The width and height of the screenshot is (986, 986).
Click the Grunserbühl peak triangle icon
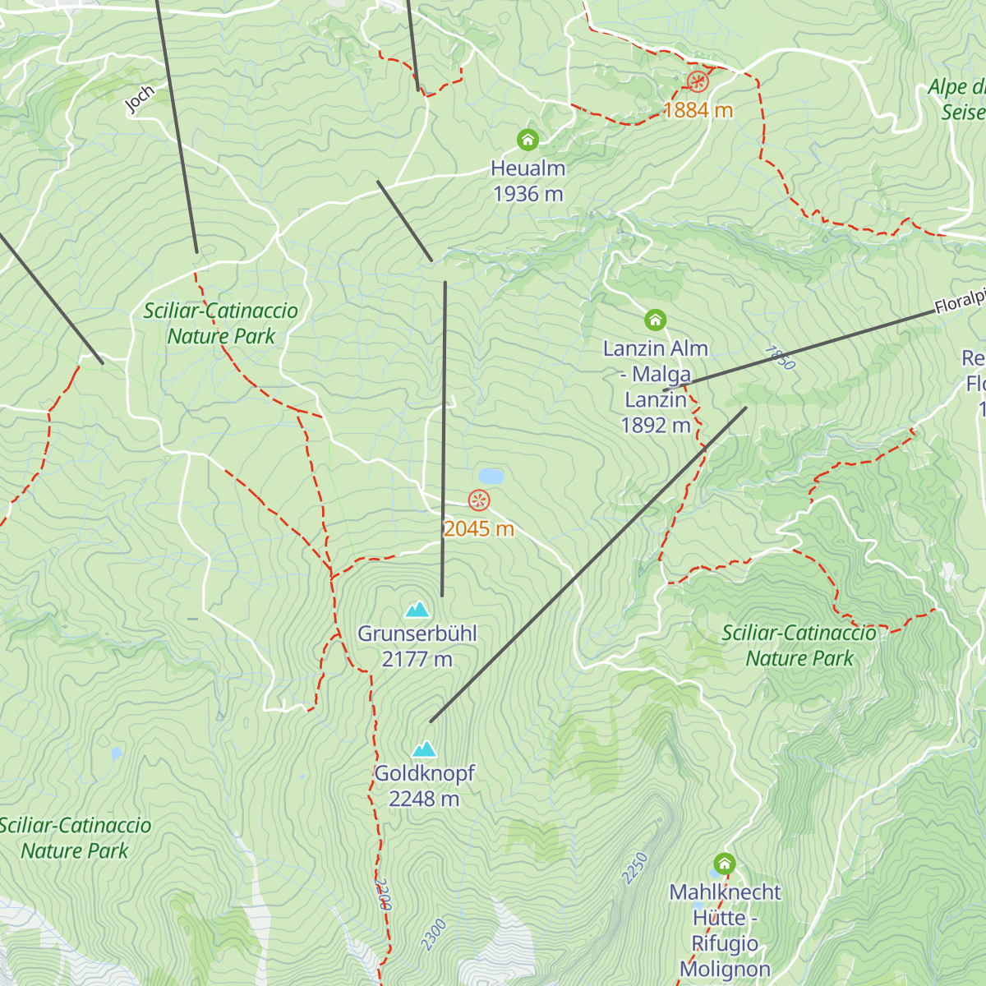click(x=417, y=610)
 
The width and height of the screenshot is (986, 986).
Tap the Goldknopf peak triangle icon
click(x=424, y=749)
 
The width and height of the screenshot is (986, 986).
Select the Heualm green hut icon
click(x=528, y=140)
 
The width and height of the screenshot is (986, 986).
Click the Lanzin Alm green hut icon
click(x=655, y=319)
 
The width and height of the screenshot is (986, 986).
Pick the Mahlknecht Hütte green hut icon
click(x=724, y=864)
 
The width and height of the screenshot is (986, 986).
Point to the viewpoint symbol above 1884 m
click(x=698, y=81)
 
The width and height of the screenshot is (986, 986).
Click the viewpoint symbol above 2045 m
click(x=479, y=500)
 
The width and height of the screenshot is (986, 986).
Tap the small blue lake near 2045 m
click(x=491, y=477)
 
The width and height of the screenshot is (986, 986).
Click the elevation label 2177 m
click(x=417, y=659)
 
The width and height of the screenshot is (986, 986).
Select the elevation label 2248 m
click(x=424, y=799)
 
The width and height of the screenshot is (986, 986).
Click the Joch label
click(x=140, y=99)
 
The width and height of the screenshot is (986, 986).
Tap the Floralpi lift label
click(x=960, y=302)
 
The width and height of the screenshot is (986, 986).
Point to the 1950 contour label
click(x=779, y=357)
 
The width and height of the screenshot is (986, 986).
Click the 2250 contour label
click(x=636, y=869)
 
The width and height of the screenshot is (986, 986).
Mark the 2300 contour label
click(x=433, y=935)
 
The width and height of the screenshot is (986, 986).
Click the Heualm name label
click(x=528, y=168)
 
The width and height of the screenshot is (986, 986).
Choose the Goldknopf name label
click(x=424, y=773)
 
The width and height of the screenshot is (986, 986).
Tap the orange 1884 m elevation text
click(x=698, y=110)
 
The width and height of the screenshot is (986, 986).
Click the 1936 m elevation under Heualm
click(x=528, y=194)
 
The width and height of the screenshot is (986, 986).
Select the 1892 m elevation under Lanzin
click(x=655, y=425)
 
